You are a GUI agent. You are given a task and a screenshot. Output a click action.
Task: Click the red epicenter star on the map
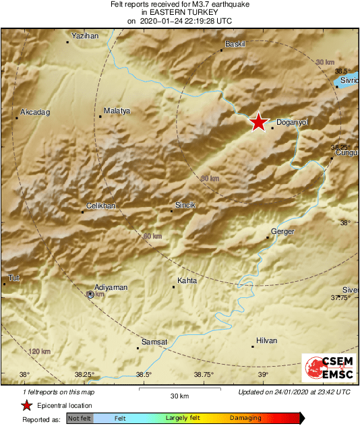tap(258, 122)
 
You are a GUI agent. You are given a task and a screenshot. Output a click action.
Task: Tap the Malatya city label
tap(117, 111)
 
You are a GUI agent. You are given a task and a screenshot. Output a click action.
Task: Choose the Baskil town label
tap(234, 44)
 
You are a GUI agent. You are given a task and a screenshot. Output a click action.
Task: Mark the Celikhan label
tap(102, 206)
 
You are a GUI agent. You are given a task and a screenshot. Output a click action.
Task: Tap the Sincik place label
tap(185, 204)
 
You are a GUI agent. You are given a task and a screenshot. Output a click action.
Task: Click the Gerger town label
tap(282, 231)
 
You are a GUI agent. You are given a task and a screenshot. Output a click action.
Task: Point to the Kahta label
tap(187, 280)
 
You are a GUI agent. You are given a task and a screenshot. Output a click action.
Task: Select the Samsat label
tap(154, 342)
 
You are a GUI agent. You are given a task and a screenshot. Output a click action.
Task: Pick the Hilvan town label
tap(266, 340)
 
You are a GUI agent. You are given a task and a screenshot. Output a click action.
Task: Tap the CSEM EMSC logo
tap(326, 369)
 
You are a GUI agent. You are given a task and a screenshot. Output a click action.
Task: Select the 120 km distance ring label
tap(40, 351)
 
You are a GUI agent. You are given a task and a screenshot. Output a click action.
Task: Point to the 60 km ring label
tap(153, 237)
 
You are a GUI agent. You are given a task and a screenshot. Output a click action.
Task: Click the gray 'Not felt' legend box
tap(80, 418)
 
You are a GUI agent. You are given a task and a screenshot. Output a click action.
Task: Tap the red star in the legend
tap(26, 405)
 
